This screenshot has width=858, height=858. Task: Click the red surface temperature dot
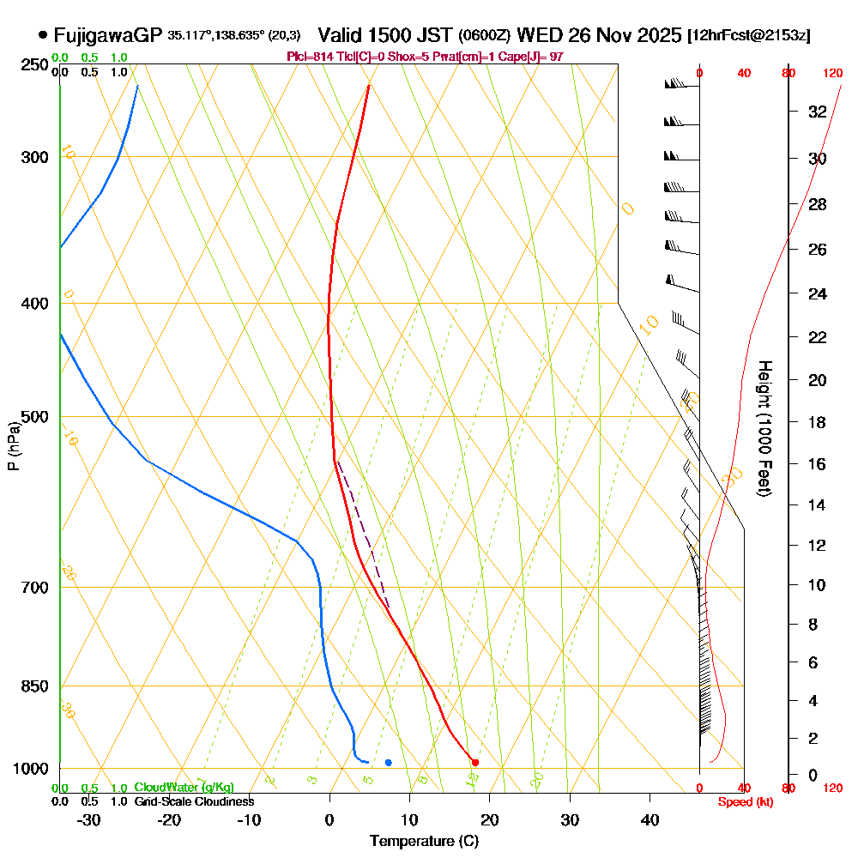[474, 762]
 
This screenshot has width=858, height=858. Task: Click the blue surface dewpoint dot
[389, 762]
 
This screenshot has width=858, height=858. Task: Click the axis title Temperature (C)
[424, 842]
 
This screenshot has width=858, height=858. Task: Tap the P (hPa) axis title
[13, 444]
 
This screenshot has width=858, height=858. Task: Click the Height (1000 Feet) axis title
[763, 427]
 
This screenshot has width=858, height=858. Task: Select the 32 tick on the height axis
[818, 112]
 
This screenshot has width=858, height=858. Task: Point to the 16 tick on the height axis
[818, 464]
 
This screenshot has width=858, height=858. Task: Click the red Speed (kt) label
[743, 802]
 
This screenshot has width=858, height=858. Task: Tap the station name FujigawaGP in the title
[107, 35]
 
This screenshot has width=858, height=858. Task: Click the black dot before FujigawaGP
[42, 35]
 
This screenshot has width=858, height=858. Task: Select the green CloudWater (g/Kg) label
[184, 788]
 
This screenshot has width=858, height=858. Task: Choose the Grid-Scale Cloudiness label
[193, 801]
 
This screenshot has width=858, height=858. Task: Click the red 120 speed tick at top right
[832, 74]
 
